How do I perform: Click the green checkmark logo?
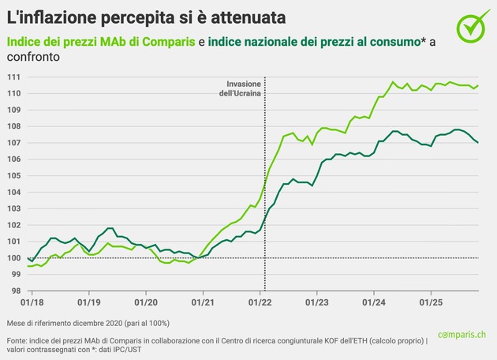[471, 26]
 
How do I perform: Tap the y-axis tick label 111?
[13, 77]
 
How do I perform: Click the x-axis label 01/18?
[32, 302]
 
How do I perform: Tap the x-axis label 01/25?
[431, 302]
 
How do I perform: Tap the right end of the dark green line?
[478, 142]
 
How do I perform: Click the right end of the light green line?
[478, 85]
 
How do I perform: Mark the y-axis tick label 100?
[13, 258]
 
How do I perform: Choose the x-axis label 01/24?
[374, 302]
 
